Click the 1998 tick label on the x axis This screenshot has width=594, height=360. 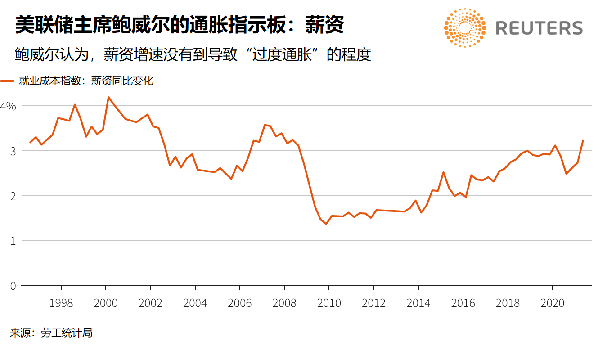[x=61, y=303]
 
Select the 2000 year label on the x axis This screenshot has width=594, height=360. [x=105, y=303]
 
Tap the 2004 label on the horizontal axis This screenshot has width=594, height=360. [x=195, y=303]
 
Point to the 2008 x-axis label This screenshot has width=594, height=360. [x=284, y=303]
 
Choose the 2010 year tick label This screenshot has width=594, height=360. [x=329, y=303]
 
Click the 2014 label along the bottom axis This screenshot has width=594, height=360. [x=418, y=303]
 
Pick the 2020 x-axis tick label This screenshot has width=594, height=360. [x=552, y=303]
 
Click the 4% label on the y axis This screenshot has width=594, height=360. [x=8, y=106]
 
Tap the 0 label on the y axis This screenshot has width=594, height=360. [x=12, y=286]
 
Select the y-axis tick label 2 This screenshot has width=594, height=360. [x=12, y=196]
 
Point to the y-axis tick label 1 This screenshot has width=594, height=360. [x=12, y=241]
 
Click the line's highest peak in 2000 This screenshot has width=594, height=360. [x=108, y=97]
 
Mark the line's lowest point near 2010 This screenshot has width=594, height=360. [x=326, y=224]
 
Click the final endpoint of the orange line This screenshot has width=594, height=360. [x=583, y=140]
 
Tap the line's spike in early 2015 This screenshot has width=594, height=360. [x=443, y=172]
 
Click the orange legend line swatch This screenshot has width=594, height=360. [x=8, y=81]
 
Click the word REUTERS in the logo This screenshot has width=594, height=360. [x=539, y=28]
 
